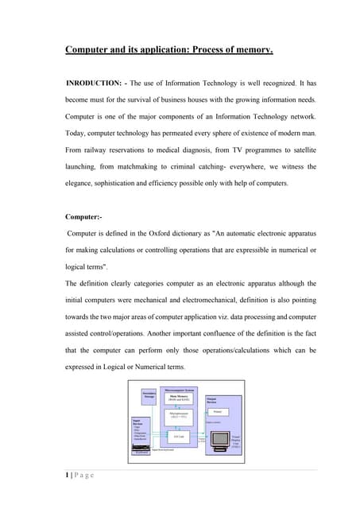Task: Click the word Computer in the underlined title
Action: point(88,51)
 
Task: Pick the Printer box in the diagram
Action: point(219,412)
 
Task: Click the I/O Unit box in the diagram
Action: point(181,436)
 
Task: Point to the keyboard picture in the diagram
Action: point(140,449)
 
